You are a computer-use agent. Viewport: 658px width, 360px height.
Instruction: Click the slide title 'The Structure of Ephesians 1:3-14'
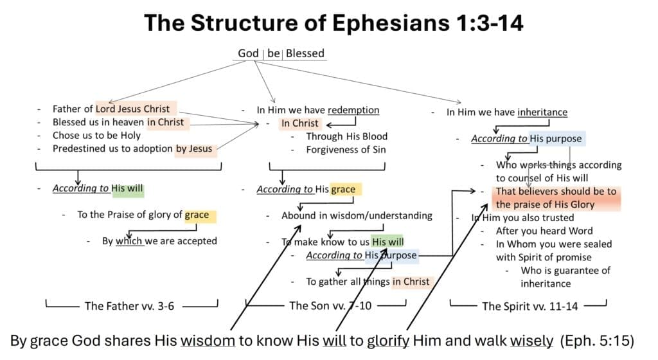click(333, 22)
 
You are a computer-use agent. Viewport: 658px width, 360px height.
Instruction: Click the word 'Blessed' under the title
click(305, 53)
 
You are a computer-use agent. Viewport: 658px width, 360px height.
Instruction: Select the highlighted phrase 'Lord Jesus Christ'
click(133, 109)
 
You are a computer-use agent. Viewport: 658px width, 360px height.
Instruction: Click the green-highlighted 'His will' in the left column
click(127, 189)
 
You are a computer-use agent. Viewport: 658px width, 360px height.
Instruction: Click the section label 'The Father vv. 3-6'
click(129, 306)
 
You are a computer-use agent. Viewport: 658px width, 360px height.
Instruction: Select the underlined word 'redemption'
click(353, 110)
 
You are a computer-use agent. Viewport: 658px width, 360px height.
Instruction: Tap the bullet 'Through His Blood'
click(346, 136)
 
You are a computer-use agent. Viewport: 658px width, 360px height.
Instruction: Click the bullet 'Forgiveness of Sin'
click(347, 150)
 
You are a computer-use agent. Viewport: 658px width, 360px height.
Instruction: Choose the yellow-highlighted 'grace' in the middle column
click(343, 189)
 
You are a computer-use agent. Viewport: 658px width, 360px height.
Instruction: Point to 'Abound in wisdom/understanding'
click(357, 215)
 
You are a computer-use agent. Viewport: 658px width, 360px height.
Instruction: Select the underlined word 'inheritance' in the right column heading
click(542, 112)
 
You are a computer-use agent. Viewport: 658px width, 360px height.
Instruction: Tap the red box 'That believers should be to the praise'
click(556, 197)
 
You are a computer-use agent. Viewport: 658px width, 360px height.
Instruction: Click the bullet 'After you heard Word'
click(544, 231)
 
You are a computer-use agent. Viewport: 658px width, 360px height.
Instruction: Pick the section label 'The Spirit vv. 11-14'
click(529, 306)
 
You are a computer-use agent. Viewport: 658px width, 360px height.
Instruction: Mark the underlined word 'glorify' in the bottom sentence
click(387, 340)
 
